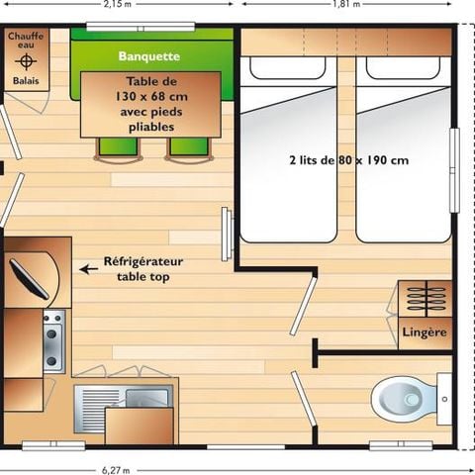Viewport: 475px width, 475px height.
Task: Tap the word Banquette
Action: click(x=148, y=55)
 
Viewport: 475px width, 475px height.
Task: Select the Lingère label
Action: click(x=426, y=332)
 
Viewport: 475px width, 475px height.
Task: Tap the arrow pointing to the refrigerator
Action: click(x=89, y=268)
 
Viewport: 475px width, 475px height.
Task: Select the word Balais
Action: click(x=26, y=81)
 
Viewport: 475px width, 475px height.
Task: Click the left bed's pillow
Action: click(x=288, y=68)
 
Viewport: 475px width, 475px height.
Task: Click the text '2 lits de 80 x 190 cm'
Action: click(x=349, y=160)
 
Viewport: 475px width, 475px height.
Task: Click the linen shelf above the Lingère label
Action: click(x=426, y=297)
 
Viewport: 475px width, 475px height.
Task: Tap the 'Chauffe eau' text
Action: click(x=26, y=41)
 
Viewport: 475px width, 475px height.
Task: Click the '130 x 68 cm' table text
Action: click(x=150, y=98)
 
